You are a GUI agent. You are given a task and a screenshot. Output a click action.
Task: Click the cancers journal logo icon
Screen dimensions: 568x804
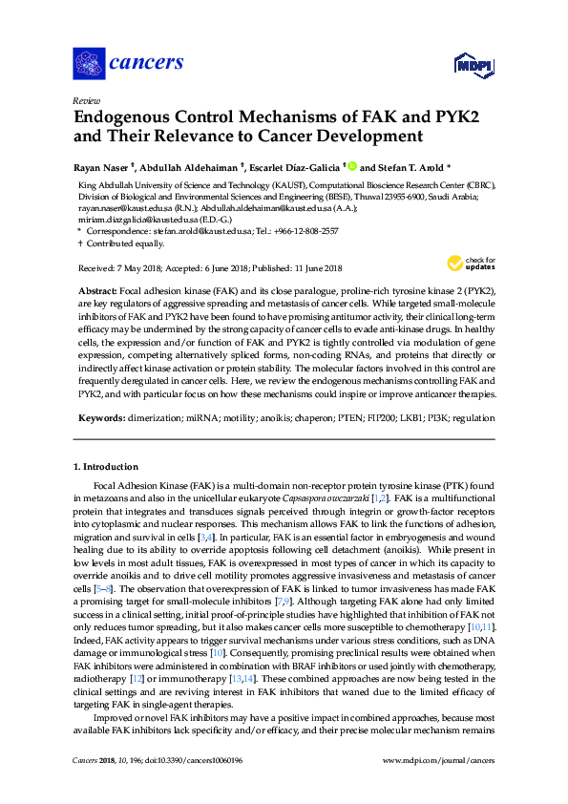[89, 64]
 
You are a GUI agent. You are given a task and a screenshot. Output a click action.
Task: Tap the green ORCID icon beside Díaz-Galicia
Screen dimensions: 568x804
[351, 166]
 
